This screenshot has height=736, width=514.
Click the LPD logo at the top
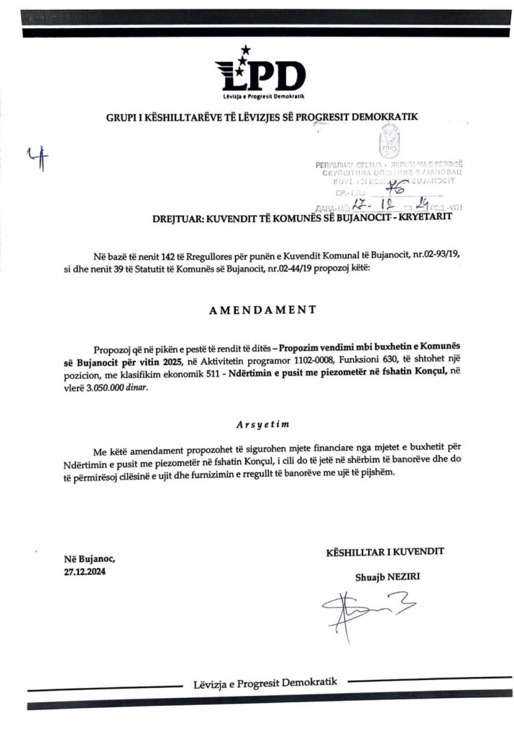point(260,72)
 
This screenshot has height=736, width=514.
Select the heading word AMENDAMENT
point(257,311)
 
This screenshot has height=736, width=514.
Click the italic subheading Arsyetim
point(257,424)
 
